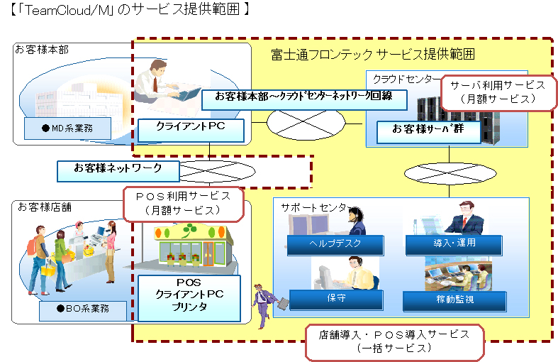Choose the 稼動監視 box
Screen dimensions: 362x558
(455, 300)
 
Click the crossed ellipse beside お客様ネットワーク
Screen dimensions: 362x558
(216, 171)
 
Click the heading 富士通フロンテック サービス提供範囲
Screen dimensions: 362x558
(373, 54)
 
